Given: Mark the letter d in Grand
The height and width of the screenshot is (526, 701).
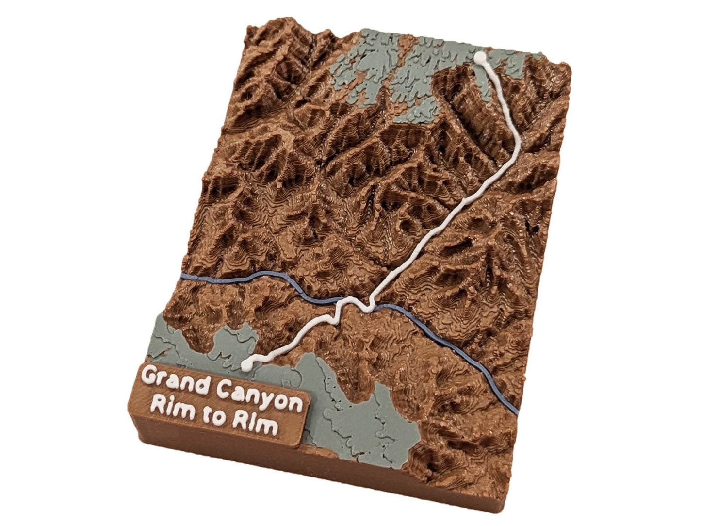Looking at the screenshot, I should pos(202,382).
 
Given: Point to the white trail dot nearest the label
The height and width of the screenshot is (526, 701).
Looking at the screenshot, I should pos(247,362).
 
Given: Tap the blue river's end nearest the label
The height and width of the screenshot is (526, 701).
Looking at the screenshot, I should pos(182,277).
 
